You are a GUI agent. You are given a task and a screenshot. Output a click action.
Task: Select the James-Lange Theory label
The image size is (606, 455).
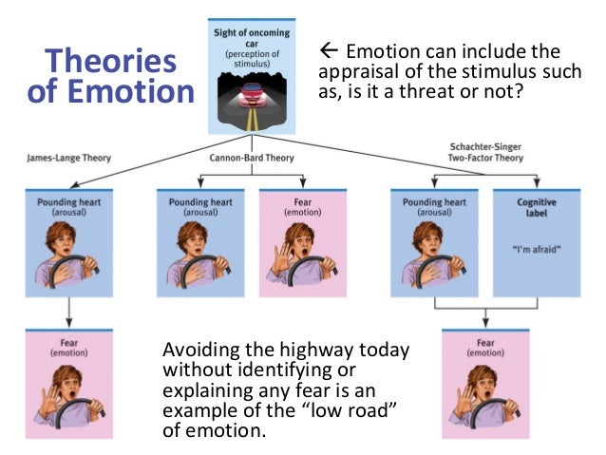pyautogui.click(x=65, y=158)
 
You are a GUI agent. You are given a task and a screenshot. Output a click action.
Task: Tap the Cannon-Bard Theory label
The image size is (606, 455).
pyautogui.click(x=251, y=158)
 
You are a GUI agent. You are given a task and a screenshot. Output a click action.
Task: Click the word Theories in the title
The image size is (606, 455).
pyautogui.click(x=111, y=62)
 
